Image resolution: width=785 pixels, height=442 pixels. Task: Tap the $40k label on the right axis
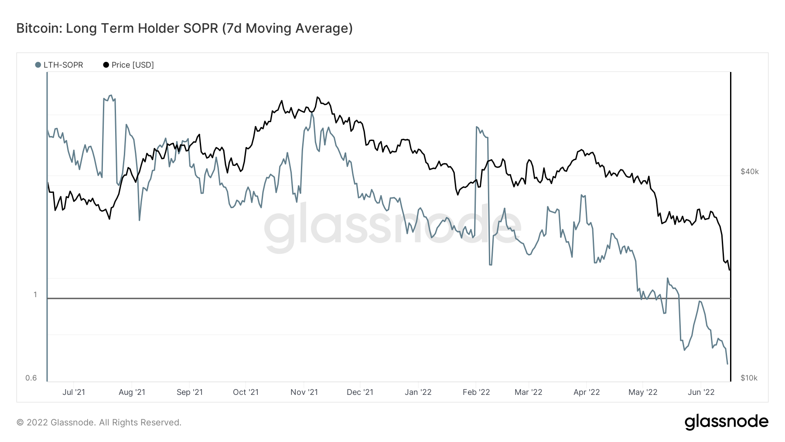(x=749, y=171)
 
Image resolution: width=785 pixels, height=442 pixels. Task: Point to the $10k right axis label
(x=749, y=378)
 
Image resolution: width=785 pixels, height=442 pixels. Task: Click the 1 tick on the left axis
(x=35, y=295)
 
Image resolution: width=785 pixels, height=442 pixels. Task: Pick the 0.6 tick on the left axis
(x=31, y=378)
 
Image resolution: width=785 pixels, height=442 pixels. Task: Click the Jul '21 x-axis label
(x=74, y=392)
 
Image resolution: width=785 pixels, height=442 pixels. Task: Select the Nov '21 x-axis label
(x=304, y=392)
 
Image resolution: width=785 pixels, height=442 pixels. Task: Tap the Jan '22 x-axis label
(x=418, y=392)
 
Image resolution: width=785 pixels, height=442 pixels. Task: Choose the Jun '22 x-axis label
(x=701, y=392)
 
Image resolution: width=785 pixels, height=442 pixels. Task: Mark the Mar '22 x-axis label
(x=528, y=392)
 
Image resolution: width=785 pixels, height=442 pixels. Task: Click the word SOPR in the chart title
(x=201, y=28)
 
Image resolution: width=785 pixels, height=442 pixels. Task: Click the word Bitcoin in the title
(x=39, y=28)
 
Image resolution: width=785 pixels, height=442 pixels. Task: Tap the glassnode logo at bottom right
(x=726, y=422)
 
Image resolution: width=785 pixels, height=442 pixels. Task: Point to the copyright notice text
(x=99, y=422)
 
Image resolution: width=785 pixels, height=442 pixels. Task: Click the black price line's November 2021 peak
(x=317, y=97)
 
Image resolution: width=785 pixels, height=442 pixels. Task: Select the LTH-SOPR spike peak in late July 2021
(x=110, y=96)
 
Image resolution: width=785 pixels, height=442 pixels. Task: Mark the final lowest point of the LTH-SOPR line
(x=727, y=364)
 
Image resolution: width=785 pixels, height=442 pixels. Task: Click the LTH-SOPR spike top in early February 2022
(x=477, y=127)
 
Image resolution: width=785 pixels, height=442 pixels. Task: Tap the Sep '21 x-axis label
(x=189, y=392)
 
